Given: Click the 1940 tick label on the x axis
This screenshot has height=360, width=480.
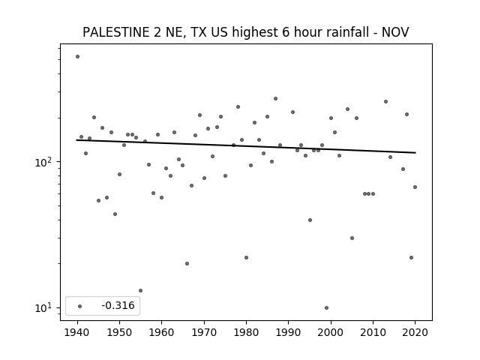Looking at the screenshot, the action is [x=77, y=332].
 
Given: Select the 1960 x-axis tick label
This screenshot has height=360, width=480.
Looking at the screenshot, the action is [x=162, y=332].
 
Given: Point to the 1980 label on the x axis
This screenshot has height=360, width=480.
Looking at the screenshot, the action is [x=246, y=332].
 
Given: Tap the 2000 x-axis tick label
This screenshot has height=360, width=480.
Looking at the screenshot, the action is [x=331, y=332].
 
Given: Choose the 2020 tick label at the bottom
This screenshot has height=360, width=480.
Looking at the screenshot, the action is [x=415, y=332].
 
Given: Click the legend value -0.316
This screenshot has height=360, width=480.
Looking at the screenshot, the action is [x=118, y=305].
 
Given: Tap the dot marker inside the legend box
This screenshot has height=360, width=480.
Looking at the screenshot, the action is [x=80, y=306].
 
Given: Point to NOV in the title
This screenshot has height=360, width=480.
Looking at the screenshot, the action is [x=395, y=32].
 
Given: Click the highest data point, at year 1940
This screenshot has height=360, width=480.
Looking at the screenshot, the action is [x=77, y=57].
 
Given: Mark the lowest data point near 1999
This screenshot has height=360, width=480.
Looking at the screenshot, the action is [x=327, y=308].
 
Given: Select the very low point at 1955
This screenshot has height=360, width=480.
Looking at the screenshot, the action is [x=140, y=290].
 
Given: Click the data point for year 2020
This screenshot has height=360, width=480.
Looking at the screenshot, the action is [x=415, y=187].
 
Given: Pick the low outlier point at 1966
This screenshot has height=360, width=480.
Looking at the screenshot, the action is [x=187, y=263].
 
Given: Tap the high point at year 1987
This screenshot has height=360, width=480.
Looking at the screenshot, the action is [x=275, y=98].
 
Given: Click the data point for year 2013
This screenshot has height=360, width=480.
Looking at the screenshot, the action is [x=385, y=102].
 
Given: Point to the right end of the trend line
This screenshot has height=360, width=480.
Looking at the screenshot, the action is [x=415, y=152].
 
